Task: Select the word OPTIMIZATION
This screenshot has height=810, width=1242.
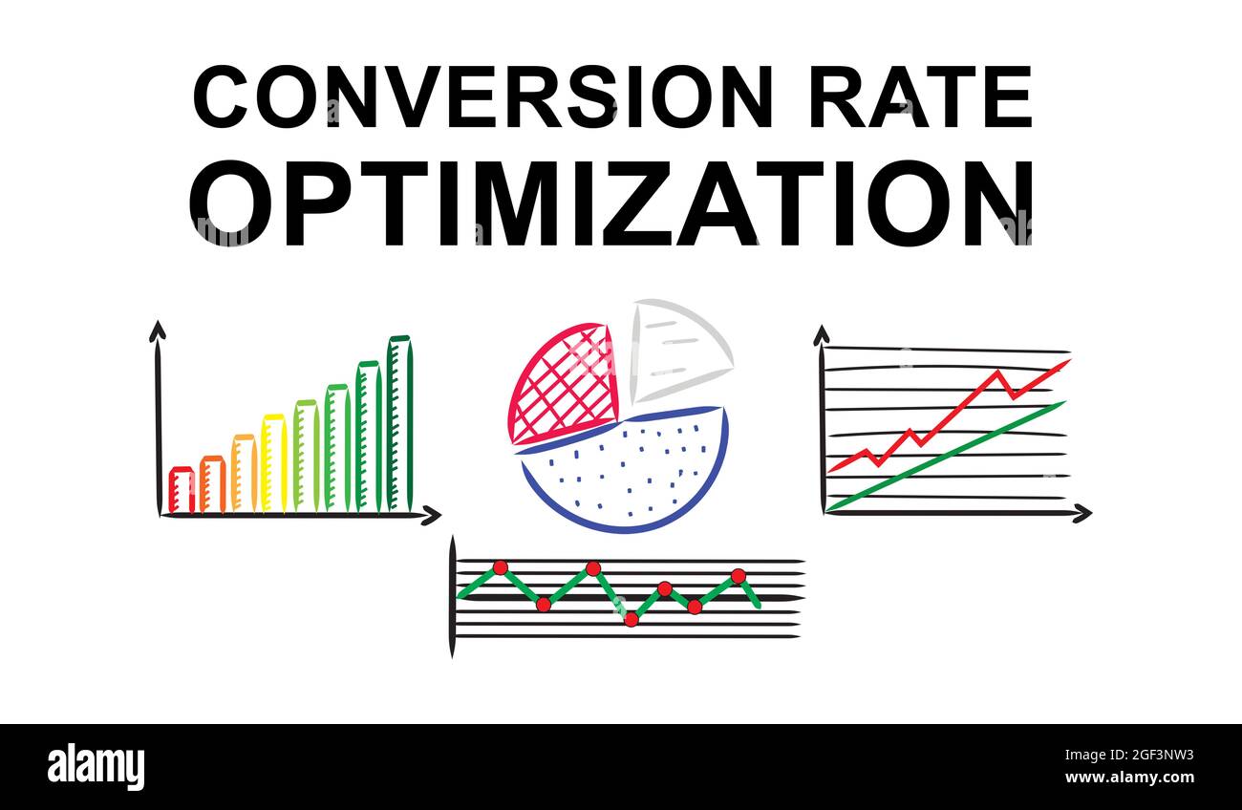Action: (611, 202)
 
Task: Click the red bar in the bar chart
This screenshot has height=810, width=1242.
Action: (182, 490)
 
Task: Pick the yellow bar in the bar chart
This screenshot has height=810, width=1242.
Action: (273, 463)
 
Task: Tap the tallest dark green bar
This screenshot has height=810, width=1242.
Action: (399, 423)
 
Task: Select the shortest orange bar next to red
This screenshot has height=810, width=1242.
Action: (212, 484)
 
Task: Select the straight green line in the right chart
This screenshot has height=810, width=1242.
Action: (946, 454)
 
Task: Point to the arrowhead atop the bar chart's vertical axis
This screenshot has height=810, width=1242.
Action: (158, 330)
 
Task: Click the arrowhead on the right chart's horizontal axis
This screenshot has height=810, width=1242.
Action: (1081, 513)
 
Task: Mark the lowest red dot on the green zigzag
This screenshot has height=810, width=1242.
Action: (631, 619)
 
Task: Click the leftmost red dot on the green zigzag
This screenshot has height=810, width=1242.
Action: (500, 567)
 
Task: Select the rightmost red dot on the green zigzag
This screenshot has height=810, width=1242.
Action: (738, 576)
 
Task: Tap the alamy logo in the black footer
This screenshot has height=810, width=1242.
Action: (96, 767)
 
